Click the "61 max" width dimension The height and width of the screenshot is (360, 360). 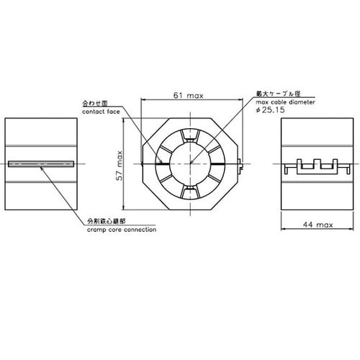point(190,94)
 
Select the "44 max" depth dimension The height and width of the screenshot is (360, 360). point(317,225)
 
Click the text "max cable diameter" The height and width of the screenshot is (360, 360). point(284,103)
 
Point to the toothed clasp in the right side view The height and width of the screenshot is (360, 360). point(318,166)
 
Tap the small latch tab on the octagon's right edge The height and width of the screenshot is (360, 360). point(239,168)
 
